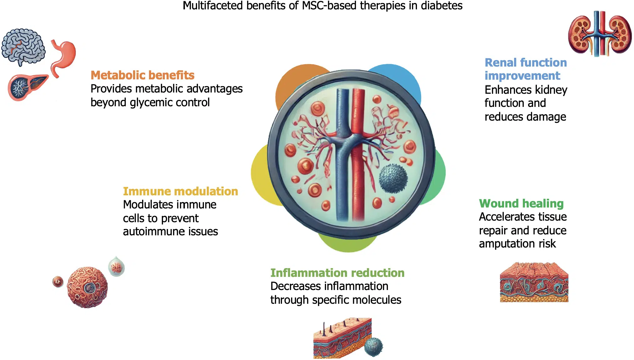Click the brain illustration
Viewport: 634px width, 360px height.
[x=23, y=46]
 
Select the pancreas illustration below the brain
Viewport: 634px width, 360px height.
[x=27, y=87]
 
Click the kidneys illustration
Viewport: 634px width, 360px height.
[x=600, y=34]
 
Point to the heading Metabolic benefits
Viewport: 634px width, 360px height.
[x=142, y=75]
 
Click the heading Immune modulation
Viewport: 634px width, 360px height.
[x=180, y=191]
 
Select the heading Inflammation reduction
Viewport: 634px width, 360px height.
[x=337, y=273]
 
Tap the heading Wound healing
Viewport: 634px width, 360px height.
[x=521, y=203]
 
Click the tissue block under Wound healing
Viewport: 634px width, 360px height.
[x=534, y=282]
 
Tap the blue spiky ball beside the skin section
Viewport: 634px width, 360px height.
[x=374, y=347]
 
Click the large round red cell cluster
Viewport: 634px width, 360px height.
[x=87, y=287]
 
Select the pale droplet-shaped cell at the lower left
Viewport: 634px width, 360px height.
[x=116, y=267]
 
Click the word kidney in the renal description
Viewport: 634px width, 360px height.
[x=551, y=90]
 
